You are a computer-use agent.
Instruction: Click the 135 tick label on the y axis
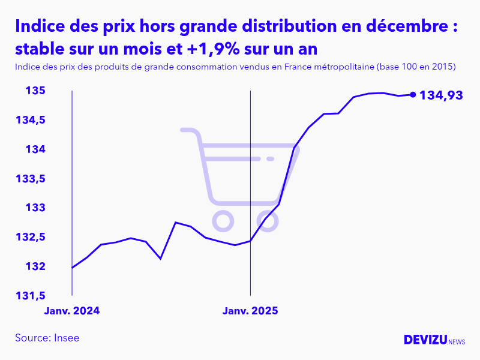point(35,91)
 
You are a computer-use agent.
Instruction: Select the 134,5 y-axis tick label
point(31,121)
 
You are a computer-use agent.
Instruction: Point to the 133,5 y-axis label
point(31,179)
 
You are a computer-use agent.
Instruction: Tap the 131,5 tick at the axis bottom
point(31,296)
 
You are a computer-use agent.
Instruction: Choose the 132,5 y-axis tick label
point(31,237)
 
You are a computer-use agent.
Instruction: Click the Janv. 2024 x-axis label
point(72,311)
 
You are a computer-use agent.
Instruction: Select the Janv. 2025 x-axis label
point(250,311)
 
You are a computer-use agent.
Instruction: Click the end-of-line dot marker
point(413,94)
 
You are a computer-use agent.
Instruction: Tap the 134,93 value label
point(441,95)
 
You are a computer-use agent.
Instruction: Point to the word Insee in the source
point(66,338)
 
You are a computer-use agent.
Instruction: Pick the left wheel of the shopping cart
point(223,221)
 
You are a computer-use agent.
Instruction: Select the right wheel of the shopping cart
point(268,221)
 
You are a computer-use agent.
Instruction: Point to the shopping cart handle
point(189,130)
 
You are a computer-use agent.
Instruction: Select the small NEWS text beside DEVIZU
point(457,342)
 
